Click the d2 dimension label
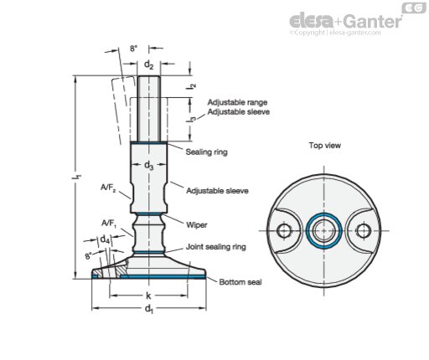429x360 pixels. [x=148, y=65]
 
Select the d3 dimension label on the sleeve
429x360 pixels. [x=148, y=166]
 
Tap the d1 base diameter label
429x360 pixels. [x=149, y=309]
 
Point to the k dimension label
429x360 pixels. [x=148, y=296]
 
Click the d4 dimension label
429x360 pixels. [x=105, y=239]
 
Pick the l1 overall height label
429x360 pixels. [x=79, y=177]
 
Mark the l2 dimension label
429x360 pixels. [x=192, y=86]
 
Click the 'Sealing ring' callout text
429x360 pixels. [x=207, y=152]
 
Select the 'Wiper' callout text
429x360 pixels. [x=197, y=224]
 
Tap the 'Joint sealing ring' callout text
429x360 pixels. [x=216, y=247]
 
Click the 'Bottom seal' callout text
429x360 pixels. [x=240, y=282]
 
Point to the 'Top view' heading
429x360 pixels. [x=325, y=146]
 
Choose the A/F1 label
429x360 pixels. [x=109, y=224]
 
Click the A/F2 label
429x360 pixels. [x=108, y=188]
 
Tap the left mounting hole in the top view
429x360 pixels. [x=284, y=231]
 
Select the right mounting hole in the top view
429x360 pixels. [x=364, y=231]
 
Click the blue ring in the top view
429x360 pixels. [x=324, y=213]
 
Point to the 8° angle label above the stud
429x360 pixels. [x=133, y=49]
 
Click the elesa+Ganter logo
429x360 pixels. [x=346, y=21]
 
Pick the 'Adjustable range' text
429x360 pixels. [x=237, y=102]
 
